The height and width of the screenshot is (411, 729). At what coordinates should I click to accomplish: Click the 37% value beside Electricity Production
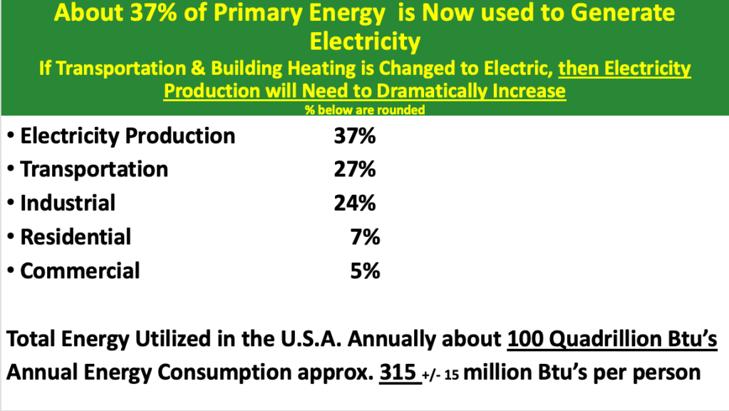pos(354,136)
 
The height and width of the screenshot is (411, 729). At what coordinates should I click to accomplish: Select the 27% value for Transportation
pos(354,170)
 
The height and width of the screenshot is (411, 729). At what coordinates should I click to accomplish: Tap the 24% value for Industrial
pos(354,203)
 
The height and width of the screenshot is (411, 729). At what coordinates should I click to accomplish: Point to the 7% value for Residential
pos(366,237)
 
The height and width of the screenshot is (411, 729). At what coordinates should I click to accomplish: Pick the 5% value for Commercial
pos(366,271)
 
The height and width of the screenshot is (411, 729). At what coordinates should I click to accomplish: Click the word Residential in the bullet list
pos(76,237)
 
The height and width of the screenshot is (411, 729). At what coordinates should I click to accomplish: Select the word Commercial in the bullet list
pos(80,271)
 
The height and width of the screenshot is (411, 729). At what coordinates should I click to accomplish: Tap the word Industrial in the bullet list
pos(68,203)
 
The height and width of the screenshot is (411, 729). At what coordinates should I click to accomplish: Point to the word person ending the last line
pos(663,374)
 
